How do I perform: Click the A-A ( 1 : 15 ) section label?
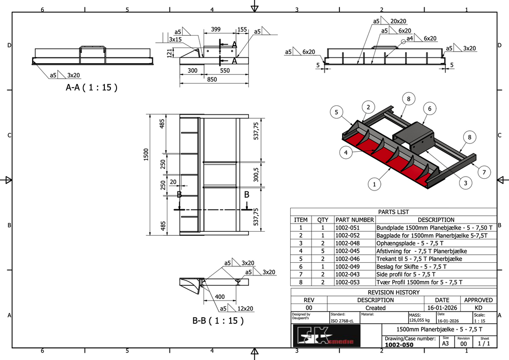[92, 87]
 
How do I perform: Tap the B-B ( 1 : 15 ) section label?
[218, 321]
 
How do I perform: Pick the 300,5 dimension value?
[257, 175]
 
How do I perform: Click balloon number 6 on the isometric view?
[430, 109]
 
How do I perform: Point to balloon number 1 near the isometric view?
[375, 183]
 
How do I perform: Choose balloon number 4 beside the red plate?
[346, 152]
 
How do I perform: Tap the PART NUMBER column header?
[355, 220]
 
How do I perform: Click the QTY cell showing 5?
[323, 251]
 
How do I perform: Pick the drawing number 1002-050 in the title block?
[400, 345]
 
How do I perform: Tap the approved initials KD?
[478, 308]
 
